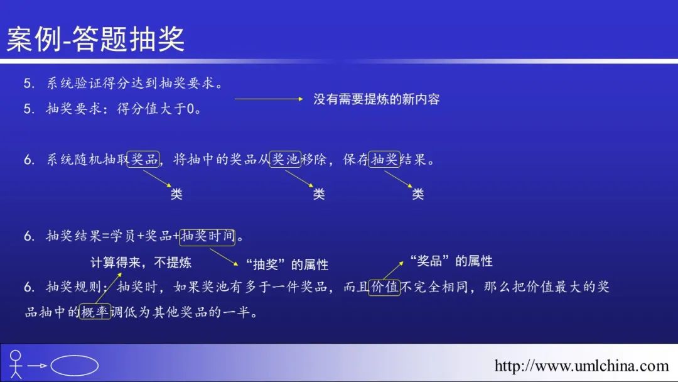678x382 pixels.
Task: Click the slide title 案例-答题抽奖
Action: pyautogui.click(x=95, y=39)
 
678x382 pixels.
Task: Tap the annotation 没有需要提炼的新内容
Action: pyautogui.click(x=377, y=99)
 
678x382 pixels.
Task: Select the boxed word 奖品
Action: pyautogui.click(x=143, y=159)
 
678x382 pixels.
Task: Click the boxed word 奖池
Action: pyautogui.click(x=285, y=159)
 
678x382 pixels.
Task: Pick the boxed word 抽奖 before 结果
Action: pyautogui.click(x=384, y=159)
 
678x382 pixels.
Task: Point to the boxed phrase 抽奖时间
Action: pyautogui.click(x=207, y=236)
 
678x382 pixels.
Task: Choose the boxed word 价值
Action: pyautogui.click(x=384, y=287)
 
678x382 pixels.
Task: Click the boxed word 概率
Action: pyautogui.click(x=95, y=312)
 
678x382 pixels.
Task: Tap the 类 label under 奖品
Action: pyautogui.click(x=176, y=194)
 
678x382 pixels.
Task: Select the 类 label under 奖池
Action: pyautogui.click(x=319, y=194)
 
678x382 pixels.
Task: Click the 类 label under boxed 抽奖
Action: pyautogui.click(x=417, y=194)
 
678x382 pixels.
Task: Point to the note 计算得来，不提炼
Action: pyautogui.click(x=141, y=262)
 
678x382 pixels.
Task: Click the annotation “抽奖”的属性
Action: pyautogui.click(x=287, y=265)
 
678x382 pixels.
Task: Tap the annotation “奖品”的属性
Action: pyautogui.click(x=451, y=261)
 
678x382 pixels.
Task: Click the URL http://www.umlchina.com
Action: pyautogui.click(x=581, y=366)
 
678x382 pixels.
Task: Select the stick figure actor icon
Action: pyautogui.click(x=16, y=364)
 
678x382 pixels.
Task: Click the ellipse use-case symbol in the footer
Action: pyautogui.click(x=74, y=366)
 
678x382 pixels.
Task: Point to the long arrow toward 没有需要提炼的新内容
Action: pyautogui.click(x=269, y=99)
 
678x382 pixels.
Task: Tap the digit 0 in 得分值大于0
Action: pyautogui.click(x=190, y=109)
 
